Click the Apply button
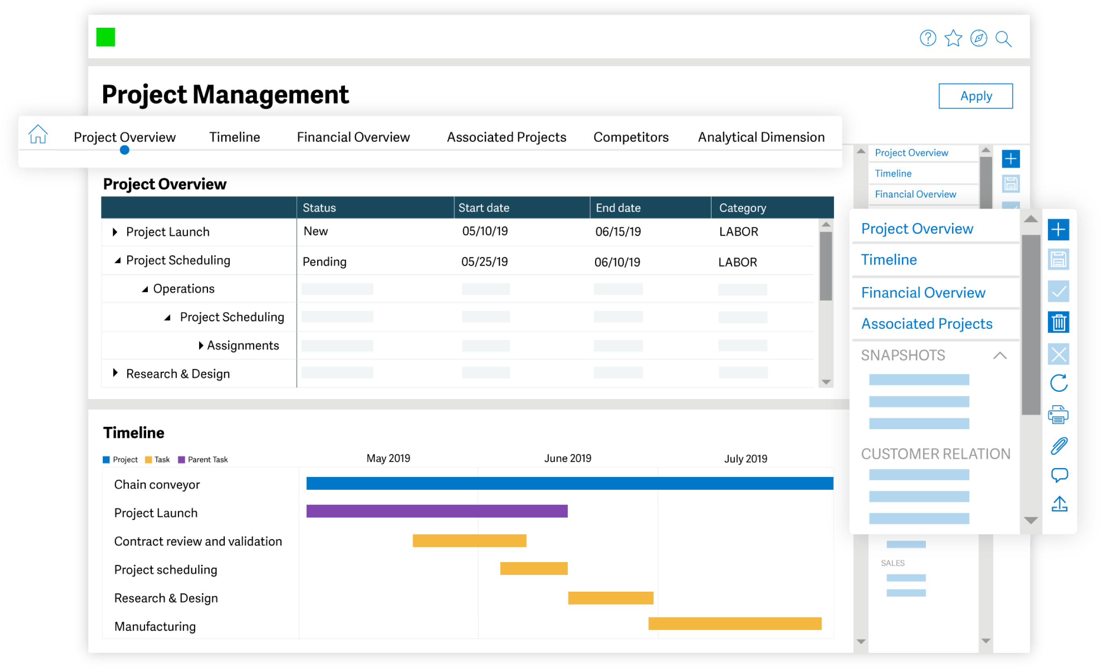[975, 96]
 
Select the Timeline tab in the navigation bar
[234, 137]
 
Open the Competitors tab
[630, 137]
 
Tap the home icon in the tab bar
[38, 134]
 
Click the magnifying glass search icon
[1003, 39]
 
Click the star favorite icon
[953, 39]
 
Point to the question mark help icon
[928, 39]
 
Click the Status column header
[319, 208]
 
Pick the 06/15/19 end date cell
[618, 232]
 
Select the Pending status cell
[324, 262]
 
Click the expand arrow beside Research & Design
[115, 373]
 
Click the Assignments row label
[243, 345]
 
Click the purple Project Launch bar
[436, 511]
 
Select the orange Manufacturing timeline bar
[734, 624]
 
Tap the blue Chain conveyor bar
[569, 483]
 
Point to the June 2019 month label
[567, 458]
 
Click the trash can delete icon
[1058, 323]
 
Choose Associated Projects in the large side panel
[926, 324]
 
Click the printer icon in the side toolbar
[1058, 415]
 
